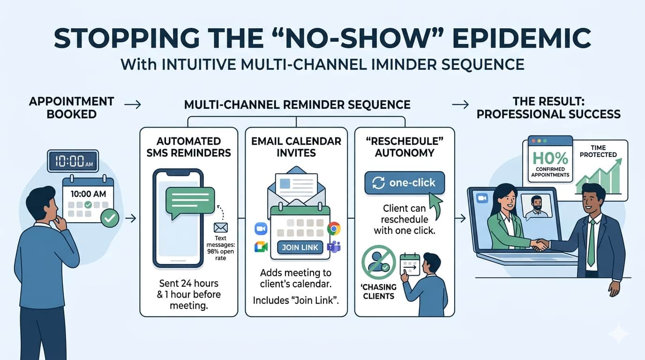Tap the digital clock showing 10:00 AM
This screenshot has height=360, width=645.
(73, 161)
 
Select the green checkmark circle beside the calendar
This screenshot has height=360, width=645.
(110, 218)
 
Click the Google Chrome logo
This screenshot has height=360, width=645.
(333, 228)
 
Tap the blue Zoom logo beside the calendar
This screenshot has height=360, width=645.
(260, 228)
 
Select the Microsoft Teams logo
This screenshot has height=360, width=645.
(334, 247)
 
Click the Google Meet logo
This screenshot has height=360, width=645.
(261, 247)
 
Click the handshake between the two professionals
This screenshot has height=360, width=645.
(541, 244)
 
